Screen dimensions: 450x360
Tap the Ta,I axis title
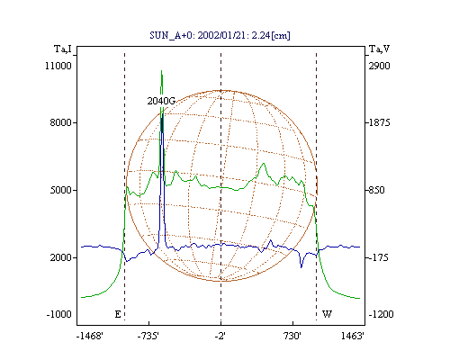(x=63, y=49)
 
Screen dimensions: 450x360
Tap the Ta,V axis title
(x=379, y=49)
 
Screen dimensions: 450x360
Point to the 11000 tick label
(x=58, y=66)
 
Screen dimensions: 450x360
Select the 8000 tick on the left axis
(x=61, y=122)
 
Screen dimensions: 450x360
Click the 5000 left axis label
(x=61, y=190)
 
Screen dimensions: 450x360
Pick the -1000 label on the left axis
(x=58, y=314)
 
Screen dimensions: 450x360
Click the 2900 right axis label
(x=380, y=66)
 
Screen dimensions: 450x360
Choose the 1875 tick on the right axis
(x=379, y=122)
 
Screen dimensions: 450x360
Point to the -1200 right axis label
(x=381, y=314)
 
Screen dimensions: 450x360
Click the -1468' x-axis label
(x=90, y=336)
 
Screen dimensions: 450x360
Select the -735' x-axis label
(x=148, y=336)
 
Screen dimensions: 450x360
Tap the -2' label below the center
(x=220, y=336)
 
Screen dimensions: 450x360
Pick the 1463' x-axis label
(x=353, y=336)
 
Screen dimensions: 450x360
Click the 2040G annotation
(x=161, y=101)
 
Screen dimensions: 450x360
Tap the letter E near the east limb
(x=118, y=314)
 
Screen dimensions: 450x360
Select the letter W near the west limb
(x=327, y=314)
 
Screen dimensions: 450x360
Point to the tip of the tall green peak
(x=161, y=70)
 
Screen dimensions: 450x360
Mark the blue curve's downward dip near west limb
(x=301, y=266)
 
